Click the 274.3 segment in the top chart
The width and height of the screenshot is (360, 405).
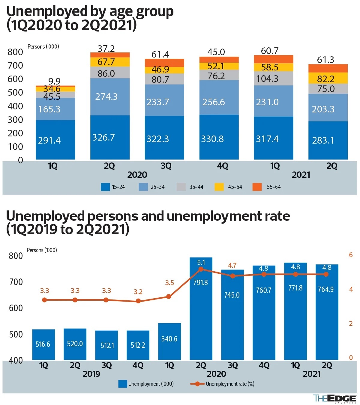(x=110, y=97)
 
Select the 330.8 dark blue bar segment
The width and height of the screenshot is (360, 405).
(x=219, y=137)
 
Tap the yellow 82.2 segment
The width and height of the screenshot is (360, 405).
(x=328, y=78)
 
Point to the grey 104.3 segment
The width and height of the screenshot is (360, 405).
(x=273, y=79)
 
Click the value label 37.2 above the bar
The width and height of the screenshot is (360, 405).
(x=106, y=49)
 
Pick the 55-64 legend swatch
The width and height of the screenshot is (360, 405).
(x=257, y=187)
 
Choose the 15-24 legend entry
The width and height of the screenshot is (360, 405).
(x=113, y=187)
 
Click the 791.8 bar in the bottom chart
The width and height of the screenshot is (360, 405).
(x=201, y=309)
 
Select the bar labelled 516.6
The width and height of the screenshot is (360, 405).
(x=43, y=344)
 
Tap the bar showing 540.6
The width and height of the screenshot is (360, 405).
(x=169, y=341)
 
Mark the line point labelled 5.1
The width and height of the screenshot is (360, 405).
(x=201, y=269)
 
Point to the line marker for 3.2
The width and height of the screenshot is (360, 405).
(x=138, y=301)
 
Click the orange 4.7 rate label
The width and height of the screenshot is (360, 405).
(x=232, y=265)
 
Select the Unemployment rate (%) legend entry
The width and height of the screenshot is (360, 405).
(x=222, y=384)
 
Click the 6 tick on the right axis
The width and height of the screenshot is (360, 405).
(x=351, y=255)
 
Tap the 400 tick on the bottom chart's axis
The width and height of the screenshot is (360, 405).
(x=16, y=360)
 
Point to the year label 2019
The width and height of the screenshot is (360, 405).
(x=91, y=374)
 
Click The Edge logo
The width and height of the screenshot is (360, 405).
(x=334, y=398)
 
